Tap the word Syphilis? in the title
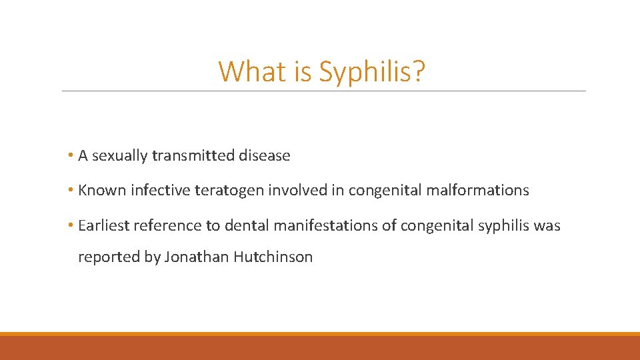(x=371, y=72)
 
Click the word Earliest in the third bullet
(x=103, y=226)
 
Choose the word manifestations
(x=322, y=226)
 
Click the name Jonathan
(x=197, y=257)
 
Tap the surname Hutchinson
(x=273, y=257)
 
